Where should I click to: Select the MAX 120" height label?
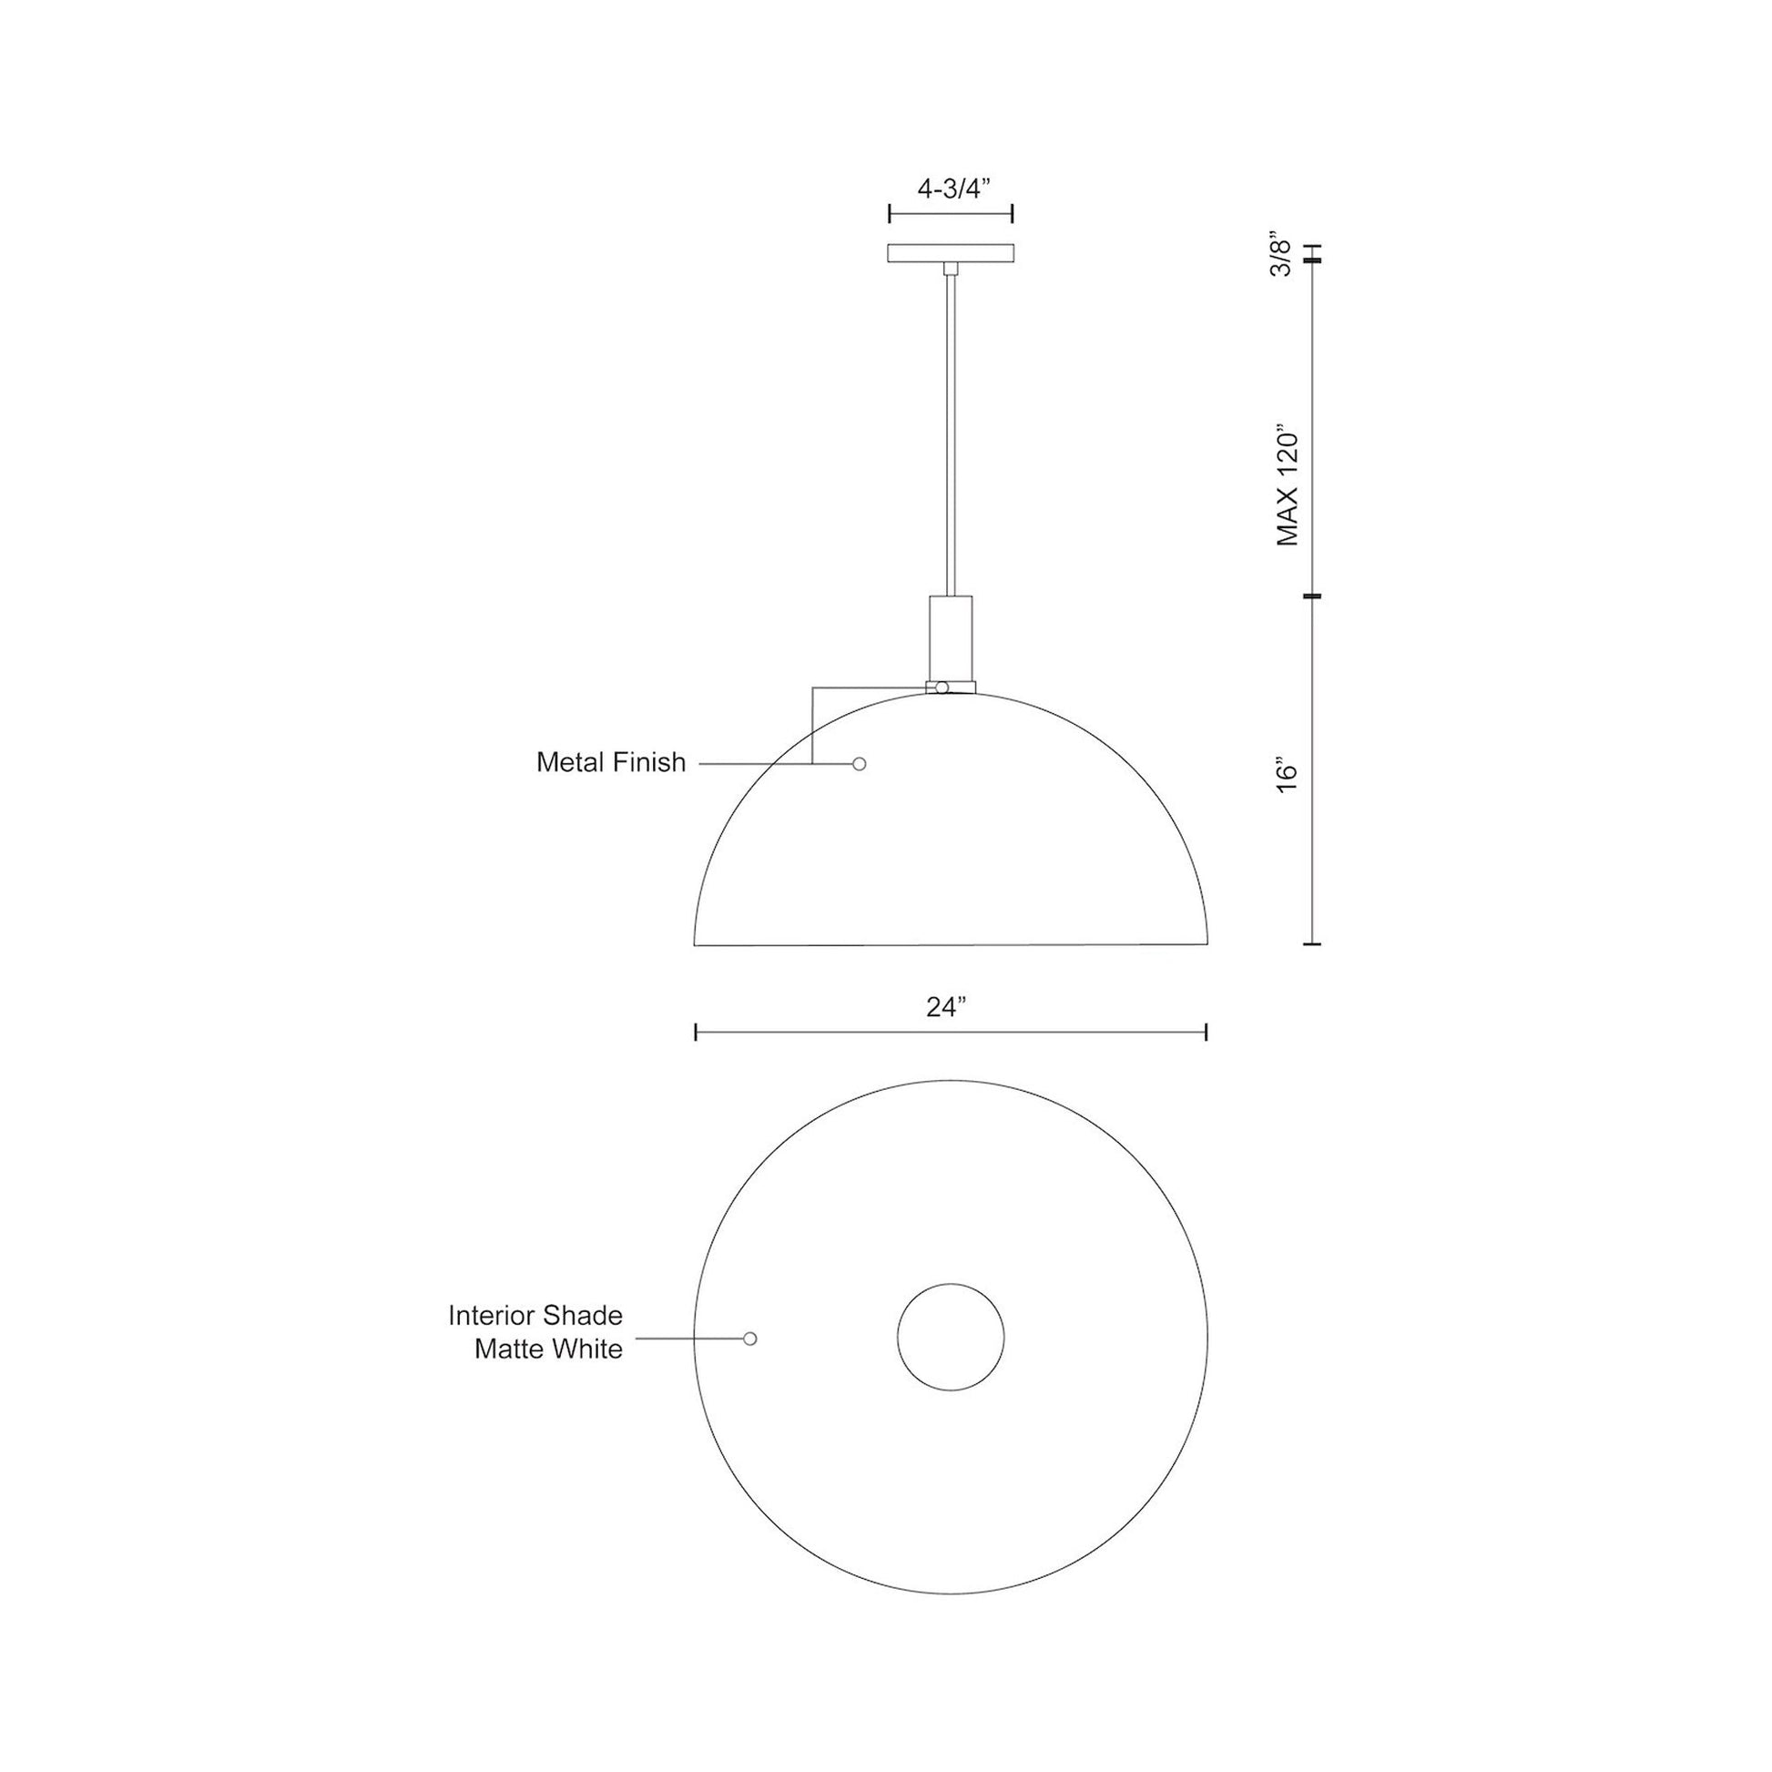[1287, 485]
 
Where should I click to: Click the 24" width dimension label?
[946, 1007]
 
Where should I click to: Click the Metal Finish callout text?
[611, 762]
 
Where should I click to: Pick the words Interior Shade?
[535, 1315]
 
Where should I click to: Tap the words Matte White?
[547, 1349]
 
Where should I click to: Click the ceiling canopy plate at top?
[951, 252]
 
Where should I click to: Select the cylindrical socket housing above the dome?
[951, 637]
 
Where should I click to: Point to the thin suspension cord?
[951, 431]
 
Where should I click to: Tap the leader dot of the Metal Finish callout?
[860, 763]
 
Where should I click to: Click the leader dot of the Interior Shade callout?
[750, 1339]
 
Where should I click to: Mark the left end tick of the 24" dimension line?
[696, 1033]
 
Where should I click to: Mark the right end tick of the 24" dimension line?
[1206, 1033]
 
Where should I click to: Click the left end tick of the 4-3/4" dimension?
[890, 215]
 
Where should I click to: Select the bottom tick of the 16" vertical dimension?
[1312, 943]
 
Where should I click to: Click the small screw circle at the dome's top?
[941, 687]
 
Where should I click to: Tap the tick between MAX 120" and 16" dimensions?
[1312, 596]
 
